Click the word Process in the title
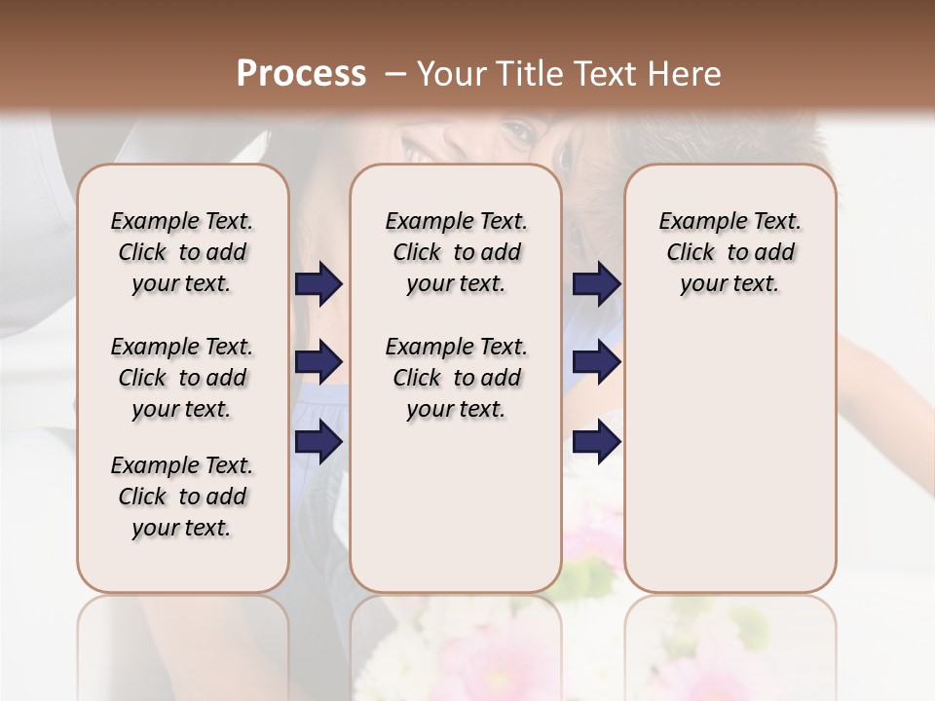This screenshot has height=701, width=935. [301, 73]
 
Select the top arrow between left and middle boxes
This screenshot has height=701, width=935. [319, 284]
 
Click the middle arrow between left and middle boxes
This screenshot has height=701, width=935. [319, 362]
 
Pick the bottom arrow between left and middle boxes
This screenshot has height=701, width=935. [319, 441]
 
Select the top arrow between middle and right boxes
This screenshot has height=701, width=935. [596, 284]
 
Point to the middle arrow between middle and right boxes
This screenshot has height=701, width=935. [596, 362]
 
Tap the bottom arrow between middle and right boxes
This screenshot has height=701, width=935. [596, 441]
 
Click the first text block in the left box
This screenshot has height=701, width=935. [182, 252]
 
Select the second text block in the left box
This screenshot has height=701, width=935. [182, 378]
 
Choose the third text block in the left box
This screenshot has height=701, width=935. [182, 497]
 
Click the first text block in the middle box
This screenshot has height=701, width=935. [456, 252]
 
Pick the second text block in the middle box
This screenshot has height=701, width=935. [456, 378]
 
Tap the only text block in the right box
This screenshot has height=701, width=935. [729, 252]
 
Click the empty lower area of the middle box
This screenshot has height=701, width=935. [456, 506]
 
